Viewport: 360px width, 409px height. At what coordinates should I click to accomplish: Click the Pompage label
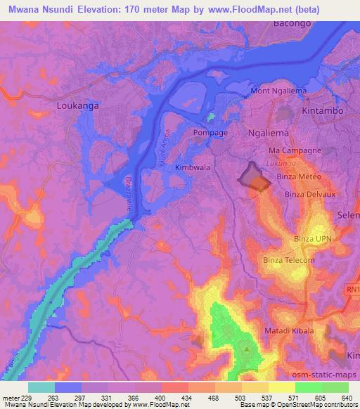pos(211,132)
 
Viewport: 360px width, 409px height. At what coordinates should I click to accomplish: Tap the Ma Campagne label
pos(295,151)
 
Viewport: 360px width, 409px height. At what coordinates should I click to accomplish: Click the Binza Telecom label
pos(289,261)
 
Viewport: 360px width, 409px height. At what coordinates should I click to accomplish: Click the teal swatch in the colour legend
pos(41,387)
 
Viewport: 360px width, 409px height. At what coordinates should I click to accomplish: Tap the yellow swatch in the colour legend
pos(282,387)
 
